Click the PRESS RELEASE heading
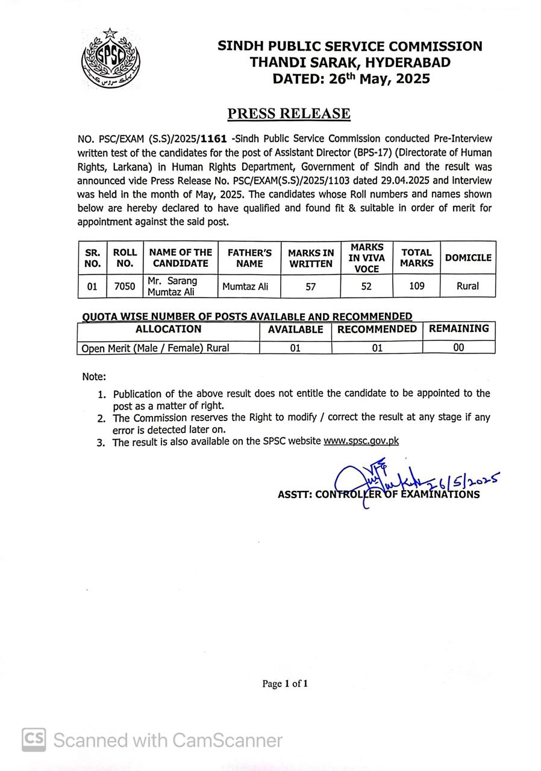tap(289, 113)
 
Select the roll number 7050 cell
tap(125, 286)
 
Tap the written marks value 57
tap(310, 287)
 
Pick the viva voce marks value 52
tap(366, 286)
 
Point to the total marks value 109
tap(416, 286)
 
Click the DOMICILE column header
tap(468, 257)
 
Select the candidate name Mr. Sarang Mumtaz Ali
tap(172, 286)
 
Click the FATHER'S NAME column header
tap(249, 258)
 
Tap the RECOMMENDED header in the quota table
tap(377, 329)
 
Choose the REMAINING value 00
tap(458, 347)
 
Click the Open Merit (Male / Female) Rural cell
tap(155, 348)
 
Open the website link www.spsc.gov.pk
tap(361, 441)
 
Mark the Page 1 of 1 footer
tap(285, 684)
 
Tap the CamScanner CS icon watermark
tap(34, 739)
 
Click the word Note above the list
tap(94, 377)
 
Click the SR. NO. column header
tap(92, 258)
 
